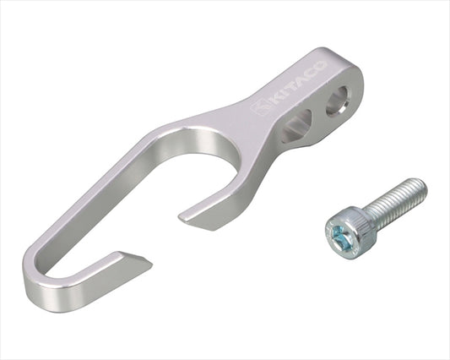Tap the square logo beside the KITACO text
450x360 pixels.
coord(260,107)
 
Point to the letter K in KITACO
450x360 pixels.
coord(275,100)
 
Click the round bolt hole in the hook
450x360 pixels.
coord(338,101)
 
